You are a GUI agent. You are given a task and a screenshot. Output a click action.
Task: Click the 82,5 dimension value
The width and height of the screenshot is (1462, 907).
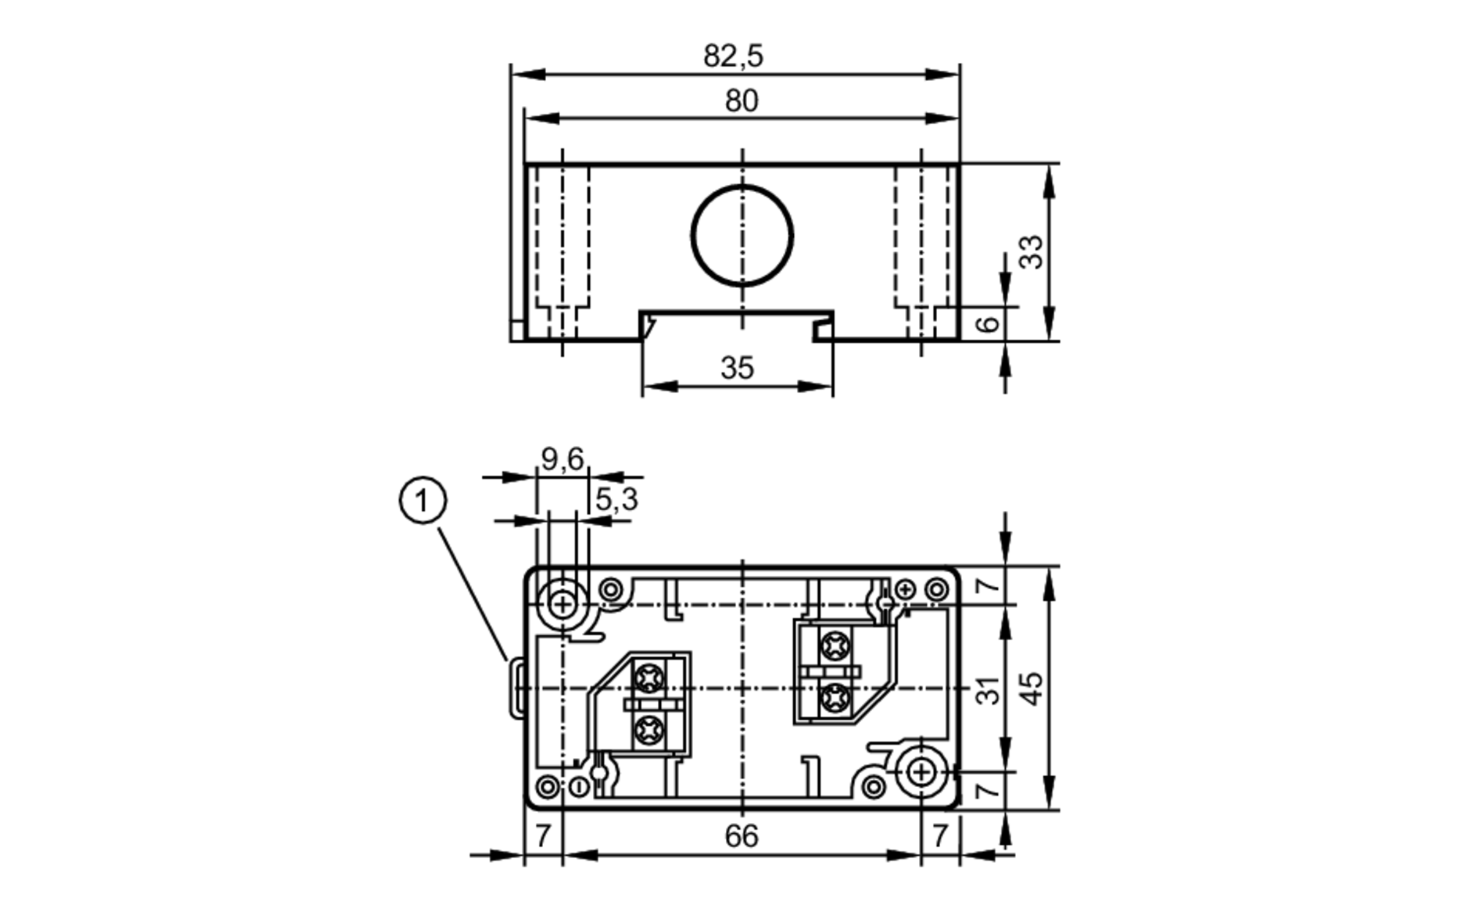(733, 56)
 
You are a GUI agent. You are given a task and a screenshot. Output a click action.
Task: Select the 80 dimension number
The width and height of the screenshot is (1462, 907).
(741, 101)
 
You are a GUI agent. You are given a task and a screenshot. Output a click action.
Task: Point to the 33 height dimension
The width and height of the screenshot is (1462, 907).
(1031, 251)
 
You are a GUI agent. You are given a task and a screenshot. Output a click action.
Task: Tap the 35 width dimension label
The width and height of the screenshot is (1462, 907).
(737, 368)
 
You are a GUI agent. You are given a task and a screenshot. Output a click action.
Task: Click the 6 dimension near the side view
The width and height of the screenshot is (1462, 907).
(988, 323)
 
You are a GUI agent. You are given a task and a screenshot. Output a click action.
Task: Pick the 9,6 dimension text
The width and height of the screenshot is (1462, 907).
(562, 459)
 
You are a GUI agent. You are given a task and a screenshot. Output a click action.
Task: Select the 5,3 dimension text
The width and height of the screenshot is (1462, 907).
(616, 500)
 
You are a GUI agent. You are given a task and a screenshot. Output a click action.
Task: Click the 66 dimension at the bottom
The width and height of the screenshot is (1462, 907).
(741, 836)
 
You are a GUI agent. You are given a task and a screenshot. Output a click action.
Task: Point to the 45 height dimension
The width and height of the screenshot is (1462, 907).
(1031, 688)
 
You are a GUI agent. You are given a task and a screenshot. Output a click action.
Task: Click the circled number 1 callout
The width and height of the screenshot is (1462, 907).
(423, 501)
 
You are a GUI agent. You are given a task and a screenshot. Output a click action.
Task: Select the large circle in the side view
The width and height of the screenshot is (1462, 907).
(742, 235)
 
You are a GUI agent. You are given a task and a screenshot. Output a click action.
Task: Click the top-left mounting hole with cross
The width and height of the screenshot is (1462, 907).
(562, 604)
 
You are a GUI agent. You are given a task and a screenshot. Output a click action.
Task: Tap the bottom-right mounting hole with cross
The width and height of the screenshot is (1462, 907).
(921, 772)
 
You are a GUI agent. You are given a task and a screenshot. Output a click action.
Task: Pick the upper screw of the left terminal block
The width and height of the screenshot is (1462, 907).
(648, 678)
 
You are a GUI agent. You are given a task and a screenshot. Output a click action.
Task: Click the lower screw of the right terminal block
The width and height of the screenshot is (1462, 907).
(833, 699)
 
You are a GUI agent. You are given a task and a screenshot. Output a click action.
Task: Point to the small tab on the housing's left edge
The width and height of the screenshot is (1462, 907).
(516, 688)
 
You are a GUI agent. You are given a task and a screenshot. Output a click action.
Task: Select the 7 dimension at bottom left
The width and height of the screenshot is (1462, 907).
(542, 836)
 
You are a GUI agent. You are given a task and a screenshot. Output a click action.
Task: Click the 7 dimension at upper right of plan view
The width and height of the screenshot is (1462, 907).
(987, 585)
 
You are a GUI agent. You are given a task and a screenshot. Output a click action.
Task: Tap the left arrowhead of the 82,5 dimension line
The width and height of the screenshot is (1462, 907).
(528, 75)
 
